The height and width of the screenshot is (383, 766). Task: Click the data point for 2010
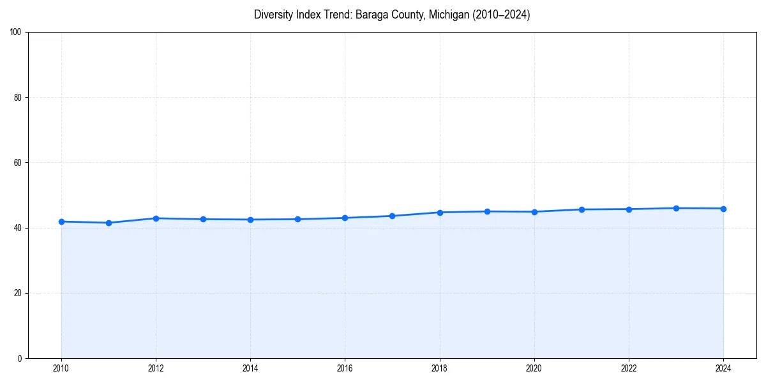[61, 222]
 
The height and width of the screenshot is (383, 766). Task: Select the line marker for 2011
[109, 223]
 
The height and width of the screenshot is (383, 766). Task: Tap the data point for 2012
[156, 218]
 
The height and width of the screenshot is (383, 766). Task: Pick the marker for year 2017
[392, 216]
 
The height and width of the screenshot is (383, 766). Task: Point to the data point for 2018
[440, 212]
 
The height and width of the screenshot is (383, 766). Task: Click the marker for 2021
[582, 209]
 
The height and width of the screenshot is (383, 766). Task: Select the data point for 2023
[676, 208]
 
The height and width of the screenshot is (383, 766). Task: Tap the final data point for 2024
[723, 209]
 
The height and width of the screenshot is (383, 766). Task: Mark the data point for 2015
[297, 219]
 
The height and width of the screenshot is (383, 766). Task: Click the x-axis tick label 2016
[345, 368]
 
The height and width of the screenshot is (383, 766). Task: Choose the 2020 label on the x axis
[534, 368]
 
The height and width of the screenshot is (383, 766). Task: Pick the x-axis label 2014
[250, 368]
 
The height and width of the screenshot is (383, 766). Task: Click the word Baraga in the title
[364, 15]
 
